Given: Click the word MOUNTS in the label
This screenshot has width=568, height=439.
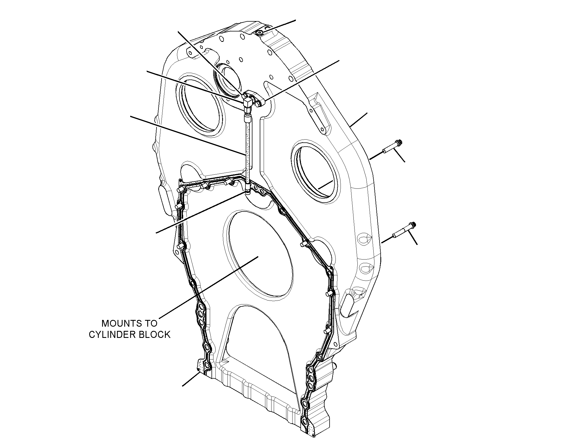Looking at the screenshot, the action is pos(120,323).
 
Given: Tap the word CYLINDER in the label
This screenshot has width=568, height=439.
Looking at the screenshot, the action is pos(112,335).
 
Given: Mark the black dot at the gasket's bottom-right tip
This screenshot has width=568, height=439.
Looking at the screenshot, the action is pos(313,436).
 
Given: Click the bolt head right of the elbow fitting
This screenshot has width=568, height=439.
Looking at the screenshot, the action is pos(258,104).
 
